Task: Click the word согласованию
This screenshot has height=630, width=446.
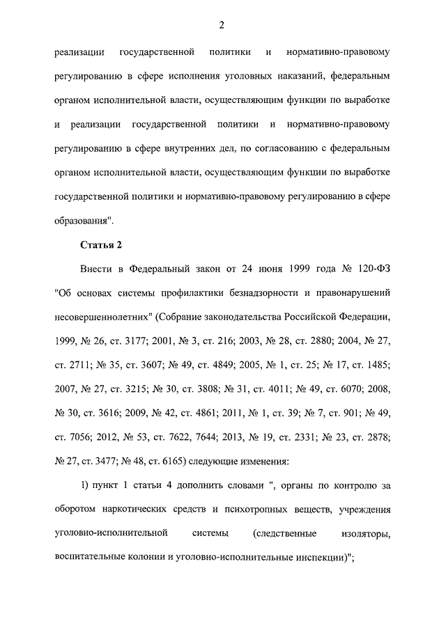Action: tap(293, 148)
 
